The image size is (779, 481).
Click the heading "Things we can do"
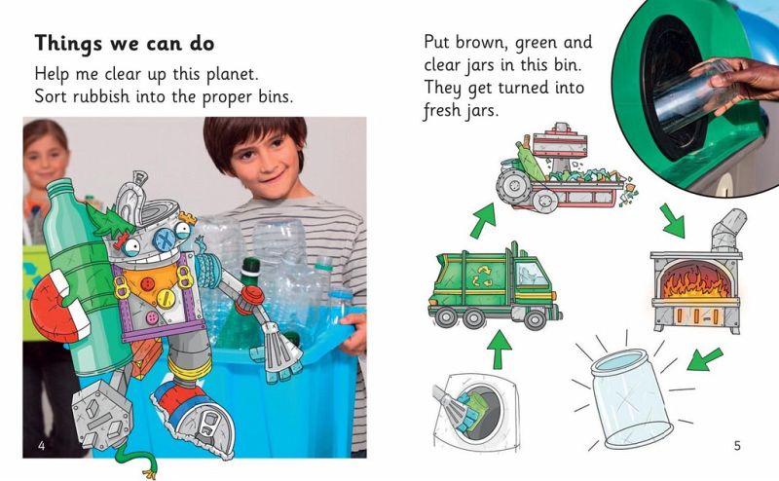(125, 44)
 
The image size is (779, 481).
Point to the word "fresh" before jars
(442, 110)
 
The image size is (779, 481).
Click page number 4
(42, 445)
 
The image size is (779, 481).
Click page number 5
(737, 445)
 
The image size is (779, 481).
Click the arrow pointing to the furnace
(673, 220)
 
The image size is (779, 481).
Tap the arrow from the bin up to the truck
(500, 350)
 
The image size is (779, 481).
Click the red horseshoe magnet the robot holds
(55, 306)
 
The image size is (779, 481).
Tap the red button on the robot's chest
(148, 284)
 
